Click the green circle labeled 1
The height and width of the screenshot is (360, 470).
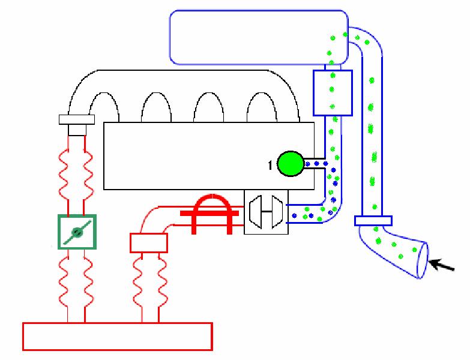(x=291, y=164)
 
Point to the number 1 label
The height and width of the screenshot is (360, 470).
(x=271, y=165)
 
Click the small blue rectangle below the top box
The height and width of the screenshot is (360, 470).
(x=332, y=92)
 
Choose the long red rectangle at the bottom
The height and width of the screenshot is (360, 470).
(x=117, y=336)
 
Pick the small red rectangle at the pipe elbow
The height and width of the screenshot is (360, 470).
(x=148, y=243)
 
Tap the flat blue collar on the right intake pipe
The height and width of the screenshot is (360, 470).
(x=373, y=220)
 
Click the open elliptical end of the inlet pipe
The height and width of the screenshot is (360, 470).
(x=423, y=260)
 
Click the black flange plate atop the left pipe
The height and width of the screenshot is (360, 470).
(x=77, y=119)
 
